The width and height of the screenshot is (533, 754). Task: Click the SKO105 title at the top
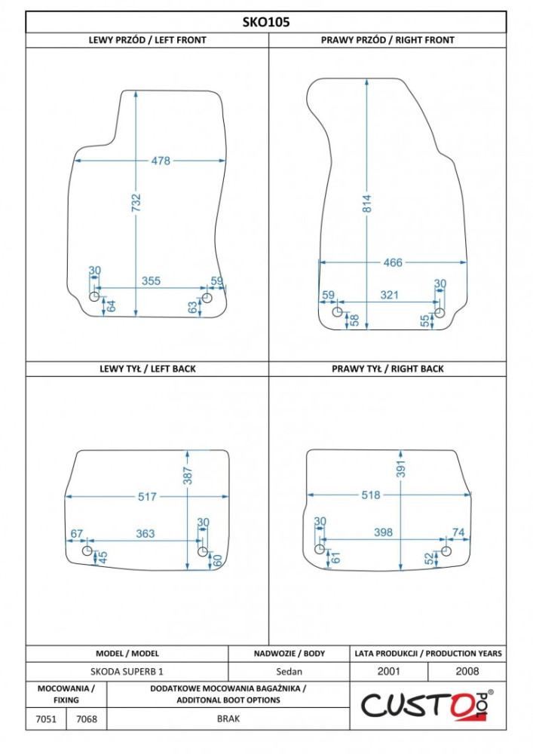[266, 22]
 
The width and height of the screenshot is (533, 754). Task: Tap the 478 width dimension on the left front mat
[161, 161]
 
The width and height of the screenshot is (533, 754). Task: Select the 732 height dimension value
[136, 203]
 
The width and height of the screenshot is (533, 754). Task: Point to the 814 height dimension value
[366, 204]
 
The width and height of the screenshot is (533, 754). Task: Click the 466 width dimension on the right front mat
[393, 262]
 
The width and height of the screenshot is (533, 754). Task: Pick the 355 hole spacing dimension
[151, 280]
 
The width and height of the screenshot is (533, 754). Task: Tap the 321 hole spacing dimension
[389, 295]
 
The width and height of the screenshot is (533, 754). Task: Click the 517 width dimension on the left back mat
[147, 497]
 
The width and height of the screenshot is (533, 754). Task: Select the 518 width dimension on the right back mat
[371, 495]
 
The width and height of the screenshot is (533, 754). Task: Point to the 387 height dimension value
[188, 476]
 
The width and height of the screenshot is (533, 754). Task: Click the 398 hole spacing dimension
[383, 532]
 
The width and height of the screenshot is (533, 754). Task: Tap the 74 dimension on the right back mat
[458, 532]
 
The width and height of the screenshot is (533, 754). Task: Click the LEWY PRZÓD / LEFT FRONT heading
[147, 41]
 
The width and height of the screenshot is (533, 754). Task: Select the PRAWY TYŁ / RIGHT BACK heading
[387, 369]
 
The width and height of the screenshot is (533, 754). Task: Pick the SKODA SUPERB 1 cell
[127, 671]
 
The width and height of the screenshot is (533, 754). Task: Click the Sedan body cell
[289, 671]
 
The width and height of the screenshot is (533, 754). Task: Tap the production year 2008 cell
[467, 671]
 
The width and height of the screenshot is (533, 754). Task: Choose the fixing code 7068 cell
[87, 719]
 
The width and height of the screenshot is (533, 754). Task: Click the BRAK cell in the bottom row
[228, 719]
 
